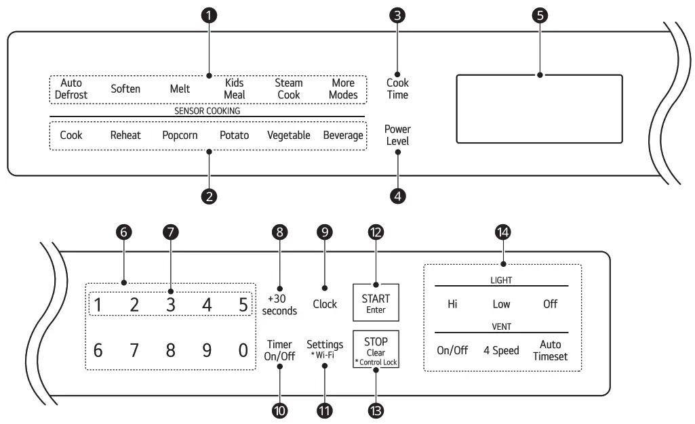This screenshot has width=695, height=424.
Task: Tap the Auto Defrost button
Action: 71,89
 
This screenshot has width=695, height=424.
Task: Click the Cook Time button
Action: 397,89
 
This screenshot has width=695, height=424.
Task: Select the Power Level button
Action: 397,135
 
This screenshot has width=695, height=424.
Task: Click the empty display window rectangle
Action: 539,109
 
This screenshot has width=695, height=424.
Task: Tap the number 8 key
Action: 171,350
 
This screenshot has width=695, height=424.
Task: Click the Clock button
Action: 325,304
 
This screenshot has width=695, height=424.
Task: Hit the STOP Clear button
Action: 376,349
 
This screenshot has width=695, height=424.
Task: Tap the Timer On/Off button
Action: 279,350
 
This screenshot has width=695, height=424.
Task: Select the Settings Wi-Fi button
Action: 325,349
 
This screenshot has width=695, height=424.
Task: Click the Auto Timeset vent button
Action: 550,350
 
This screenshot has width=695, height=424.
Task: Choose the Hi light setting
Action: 452,304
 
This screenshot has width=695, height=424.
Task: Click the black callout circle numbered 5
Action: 540,17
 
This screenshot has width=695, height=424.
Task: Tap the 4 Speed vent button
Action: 501,350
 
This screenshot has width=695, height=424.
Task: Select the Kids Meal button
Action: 235,89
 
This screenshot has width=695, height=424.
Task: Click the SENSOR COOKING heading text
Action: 207,110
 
